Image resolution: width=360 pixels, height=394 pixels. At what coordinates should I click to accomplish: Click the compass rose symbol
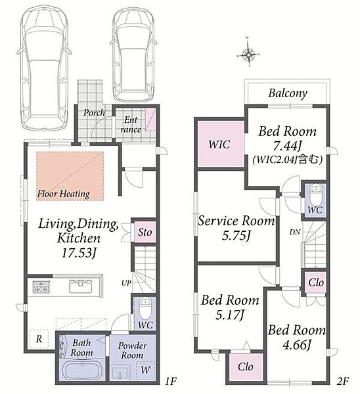point(248,53)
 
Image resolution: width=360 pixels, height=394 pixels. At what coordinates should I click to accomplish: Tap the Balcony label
point(288,93)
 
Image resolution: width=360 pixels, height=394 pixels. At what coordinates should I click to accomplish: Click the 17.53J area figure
point(79,253)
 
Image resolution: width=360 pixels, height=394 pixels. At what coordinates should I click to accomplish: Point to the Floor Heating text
point(63,194)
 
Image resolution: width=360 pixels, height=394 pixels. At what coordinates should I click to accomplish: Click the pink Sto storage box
point(145,232)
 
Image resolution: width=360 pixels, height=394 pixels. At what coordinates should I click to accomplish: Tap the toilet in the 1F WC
point(145,309)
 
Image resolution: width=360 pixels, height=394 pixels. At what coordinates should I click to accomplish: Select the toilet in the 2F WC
point(315,195)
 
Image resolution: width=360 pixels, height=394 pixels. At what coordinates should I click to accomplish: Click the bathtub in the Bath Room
point(81,370)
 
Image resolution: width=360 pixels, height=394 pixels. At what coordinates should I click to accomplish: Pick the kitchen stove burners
point(41,286)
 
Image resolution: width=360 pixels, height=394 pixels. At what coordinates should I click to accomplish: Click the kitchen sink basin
point(81,286)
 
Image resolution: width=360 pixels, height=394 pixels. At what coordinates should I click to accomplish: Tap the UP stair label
point(126,283)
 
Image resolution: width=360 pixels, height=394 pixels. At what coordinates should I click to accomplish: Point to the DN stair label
point(295,232)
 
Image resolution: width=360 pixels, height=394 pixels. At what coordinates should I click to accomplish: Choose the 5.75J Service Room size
point(236,236)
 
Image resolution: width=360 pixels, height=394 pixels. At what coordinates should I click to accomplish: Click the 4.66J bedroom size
point(297,345)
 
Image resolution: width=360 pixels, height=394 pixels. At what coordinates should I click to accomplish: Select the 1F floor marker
point(170,382)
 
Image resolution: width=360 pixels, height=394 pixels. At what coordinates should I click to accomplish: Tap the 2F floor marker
point(342,382)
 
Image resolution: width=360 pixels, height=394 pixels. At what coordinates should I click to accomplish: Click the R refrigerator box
point(39,339)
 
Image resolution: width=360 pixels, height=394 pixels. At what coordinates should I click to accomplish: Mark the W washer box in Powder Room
point(146,370)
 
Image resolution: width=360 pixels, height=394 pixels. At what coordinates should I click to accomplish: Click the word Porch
point(94,112)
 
